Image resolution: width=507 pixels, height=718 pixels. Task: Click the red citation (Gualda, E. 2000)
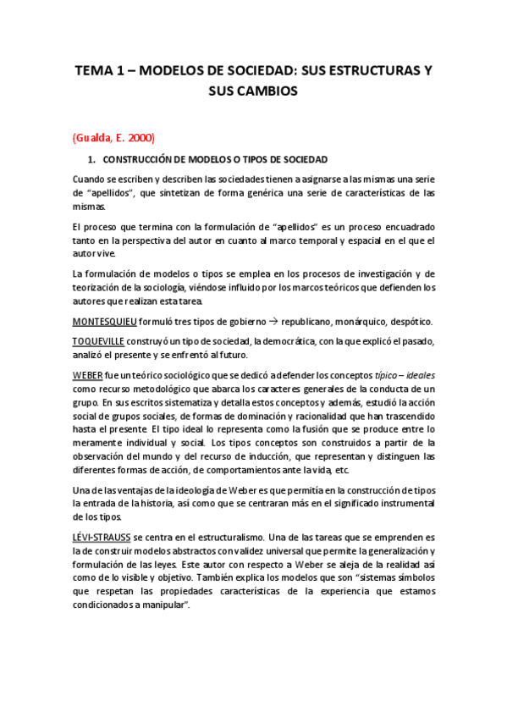(113, 136)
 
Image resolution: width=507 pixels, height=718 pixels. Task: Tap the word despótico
(407, 322)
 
